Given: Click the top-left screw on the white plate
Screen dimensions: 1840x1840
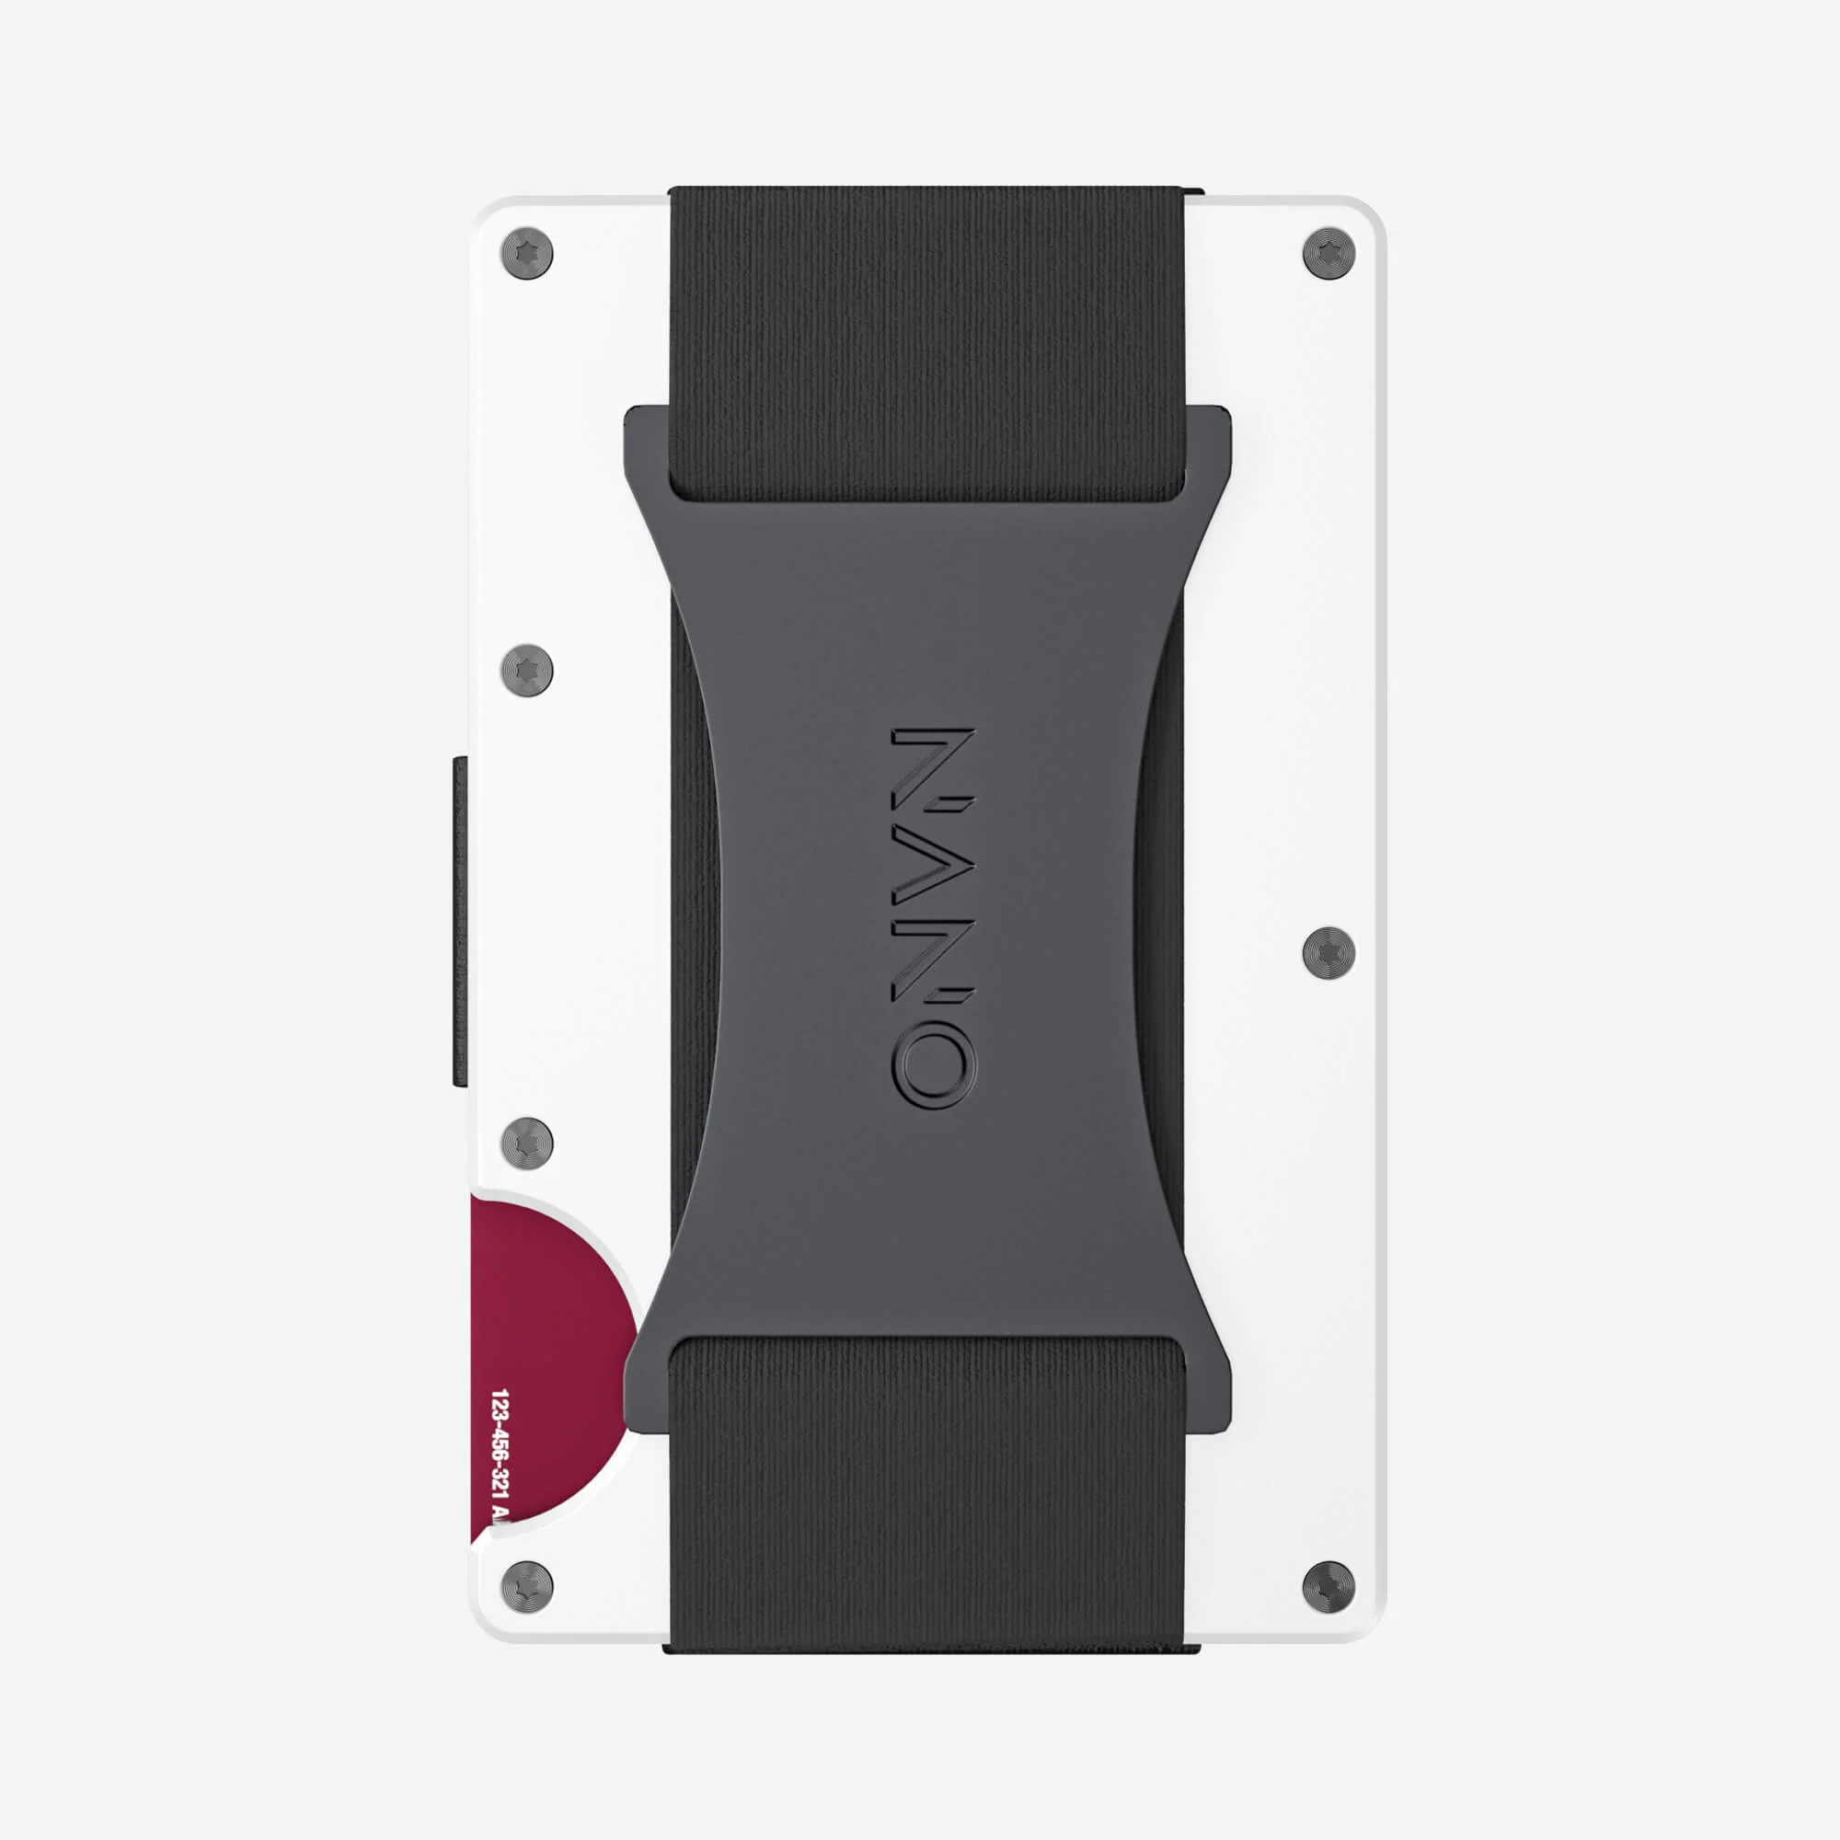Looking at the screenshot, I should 526,254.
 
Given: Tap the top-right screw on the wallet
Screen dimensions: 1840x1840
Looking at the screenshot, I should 1328,254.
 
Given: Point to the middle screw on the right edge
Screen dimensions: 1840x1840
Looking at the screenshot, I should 1328,952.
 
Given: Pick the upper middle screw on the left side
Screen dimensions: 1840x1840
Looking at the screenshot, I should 526,670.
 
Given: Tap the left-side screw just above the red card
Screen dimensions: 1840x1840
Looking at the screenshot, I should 526,1142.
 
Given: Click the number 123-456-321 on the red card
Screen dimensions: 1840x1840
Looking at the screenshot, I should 500,1457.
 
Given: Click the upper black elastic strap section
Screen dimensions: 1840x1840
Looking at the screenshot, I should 926,333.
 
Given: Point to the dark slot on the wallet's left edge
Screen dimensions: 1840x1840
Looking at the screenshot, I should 460,921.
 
